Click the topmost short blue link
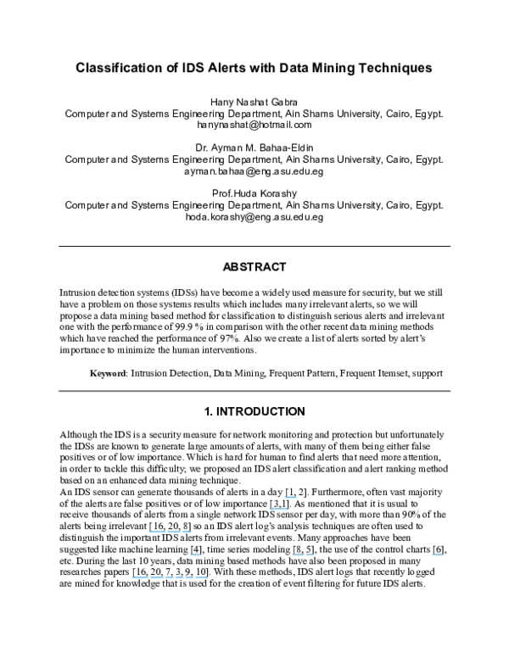coord(290,496)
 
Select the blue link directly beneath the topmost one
coord(278,508)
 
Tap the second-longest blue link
coord(170,532)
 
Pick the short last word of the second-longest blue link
coord(187,532)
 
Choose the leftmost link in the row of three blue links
coord(196,554)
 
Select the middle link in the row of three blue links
coord(303,554)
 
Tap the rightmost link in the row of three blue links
coord(438,554)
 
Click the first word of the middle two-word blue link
coord(298,554)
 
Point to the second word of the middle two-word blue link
coord(310,554)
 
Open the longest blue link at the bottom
coord(170,577)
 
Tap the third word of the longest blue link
coord(188,577)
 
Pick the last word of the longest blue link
coord(201,577)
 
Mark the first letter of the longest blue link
coord(132,577)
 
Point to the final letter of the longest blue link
coord(207,577)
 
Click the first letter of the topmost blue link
coord(285,496)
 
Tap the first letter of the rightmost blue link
coord(433,554)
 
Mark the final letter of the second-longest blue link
coord(191,532)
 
